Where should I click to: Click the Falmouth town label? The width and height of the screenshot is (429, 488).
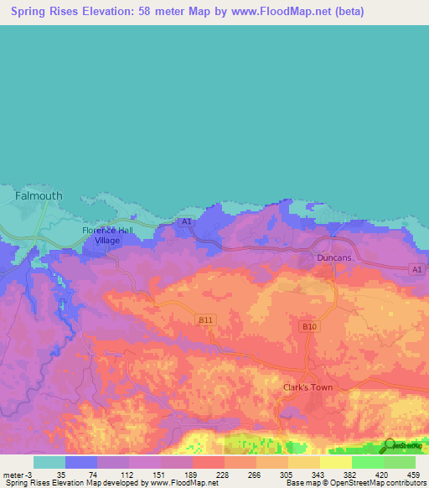(x=39, y=195)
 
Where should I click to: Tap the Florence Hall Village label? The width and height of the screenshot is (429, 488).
(x=107, y=236)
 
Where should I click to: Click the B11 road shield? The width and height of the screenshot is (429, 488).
(x=206, y=319)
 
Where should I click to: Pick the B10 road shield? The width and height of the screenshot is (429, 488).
(x=308, y=325)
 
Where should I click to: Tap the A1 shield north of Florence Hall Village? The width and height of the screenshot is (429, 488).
(x=186, y=221)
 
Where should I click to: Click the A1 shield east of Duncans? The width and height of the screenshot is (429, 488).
(x=416, y=268)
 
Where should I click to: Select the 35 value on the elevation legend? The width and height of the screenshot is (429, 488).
(x=61, y=474)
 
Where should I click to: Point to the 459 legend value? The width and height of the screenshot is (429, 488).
(x=412, y=474)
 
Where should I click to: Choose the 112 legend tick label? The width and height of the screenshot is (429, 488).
(x=126, y=474)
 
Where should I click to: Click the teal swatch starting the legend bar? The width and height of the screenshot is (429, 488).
(x=49, y=462)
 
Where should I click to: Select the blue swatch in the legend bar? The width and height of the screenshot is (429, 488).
(x=80, y=462)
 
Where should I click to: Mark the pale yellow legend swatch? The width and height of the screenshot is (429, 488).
(x=335, y=462)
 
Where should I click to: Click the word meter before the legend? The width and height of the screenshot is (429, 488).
(x=12, y=474)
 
